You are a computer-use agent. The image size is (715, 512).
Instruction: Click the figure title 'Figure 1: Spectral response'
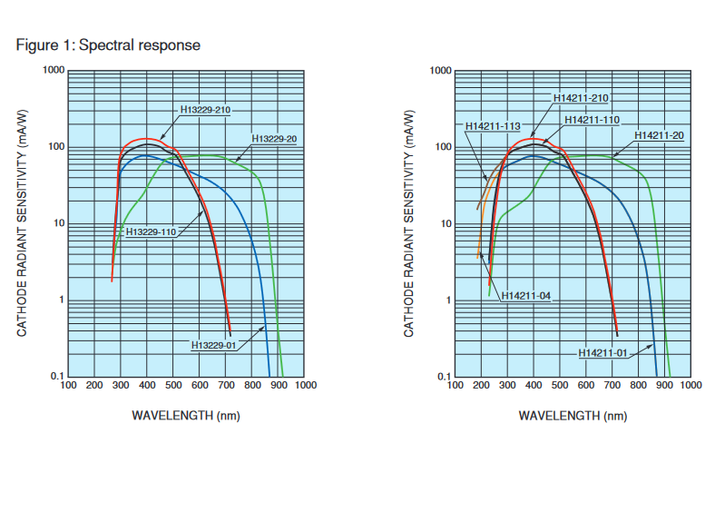pos(108,44)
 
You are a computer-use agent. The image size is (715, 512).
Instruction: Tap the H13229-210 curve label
pos(206,110)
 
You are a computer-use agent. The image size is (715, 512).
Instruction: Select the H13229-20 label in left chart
pos(274,138)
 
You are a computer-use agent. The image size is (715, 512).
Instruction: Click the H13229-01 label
pos(214,345)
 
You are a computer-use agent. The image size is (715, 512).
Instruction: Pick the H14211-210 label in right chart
pos(581,98)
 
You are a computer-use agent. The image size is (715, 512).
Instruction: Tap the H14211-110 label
pos(592,120)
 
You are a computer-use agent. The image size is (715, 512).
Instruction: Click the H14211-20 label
pos(660,135)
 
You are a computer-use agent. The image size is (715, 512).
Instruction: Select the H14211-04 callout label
pos(526,296)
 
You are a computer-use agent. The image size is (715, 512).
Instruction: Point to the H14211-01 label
pos(603,352)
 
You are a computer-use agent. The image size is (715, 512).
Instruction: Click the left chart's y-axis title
pos(22,224)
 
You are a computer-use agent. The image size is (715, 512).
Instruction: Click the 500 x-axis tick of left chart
pos(173,385)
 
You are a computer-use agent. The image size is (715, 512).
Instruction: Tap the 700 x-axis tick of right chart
pos(612,385)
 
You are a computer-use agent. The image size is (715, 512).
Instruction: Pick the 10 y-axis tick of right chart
pos(446,223)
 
